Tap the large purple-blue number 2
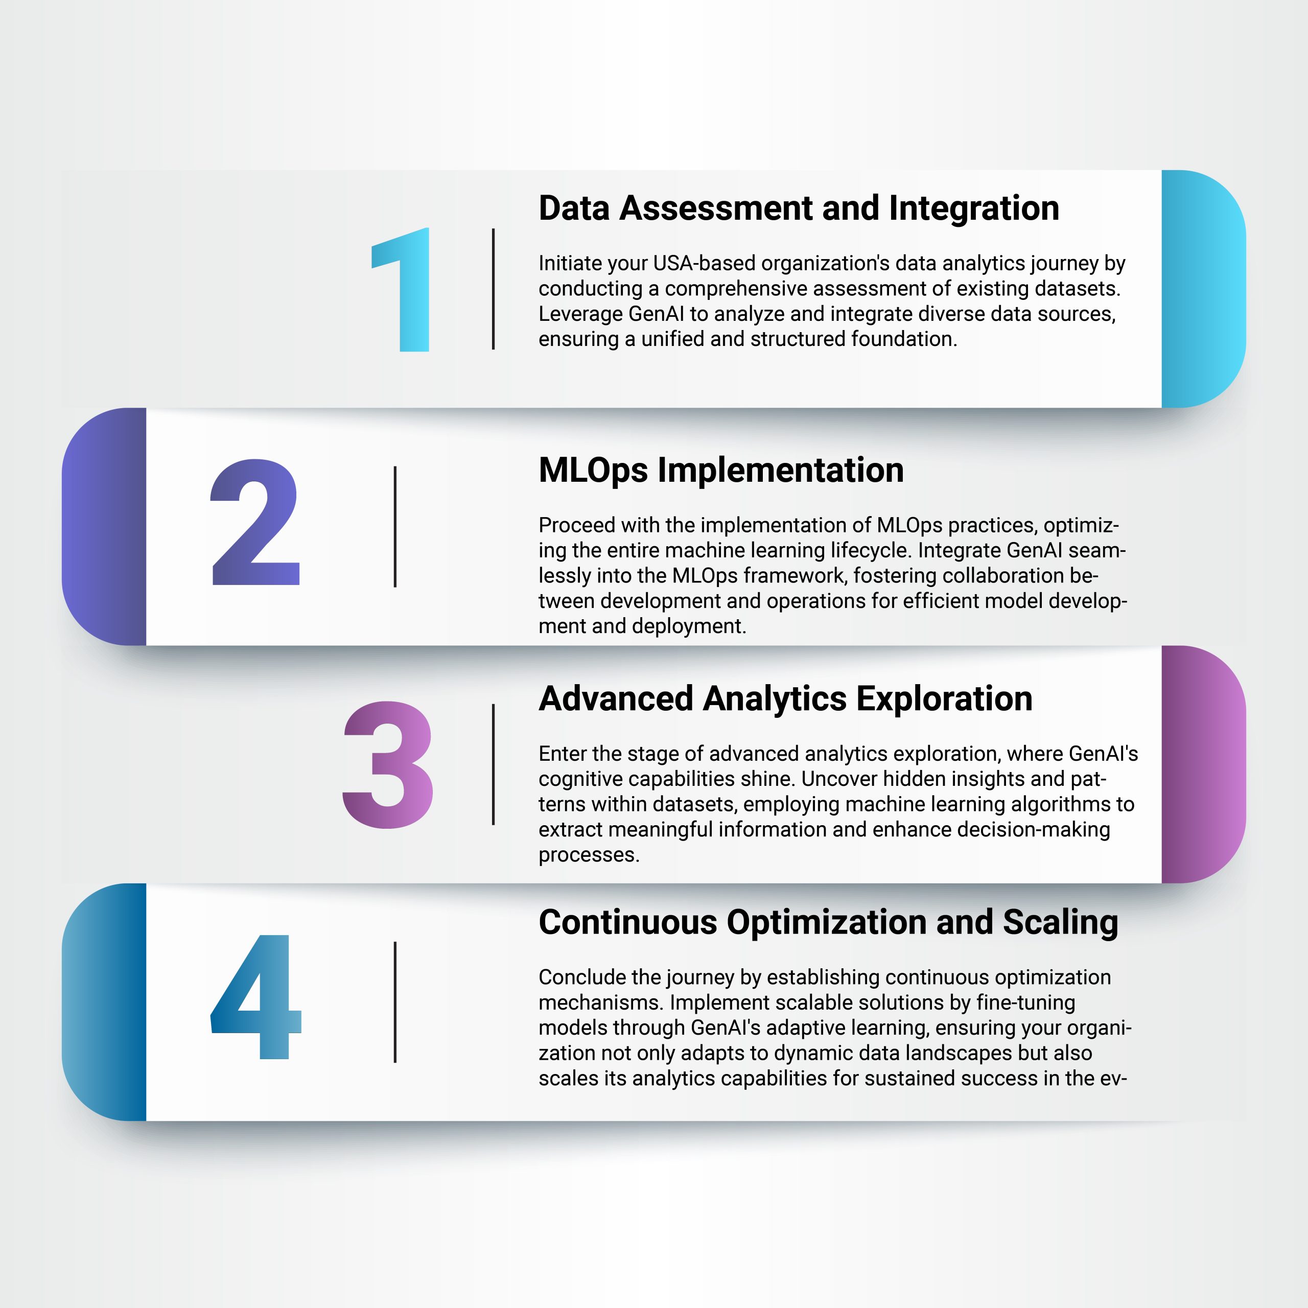coord(255,522)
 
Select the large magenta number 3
coord(388,764)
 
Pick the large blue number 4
coord(256,996)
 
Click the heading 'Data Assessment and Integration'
coord(799,208)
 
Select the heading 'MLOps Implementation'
coord(721,471)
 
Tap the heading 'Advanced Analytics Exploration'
coord(785,698)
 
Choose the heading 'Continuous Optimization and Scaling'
coord(828,923)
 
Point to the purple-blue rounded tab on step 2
coord(104,527)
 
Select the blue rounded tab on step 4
coord(104,1002)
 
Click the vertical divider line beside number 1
coord(494,289)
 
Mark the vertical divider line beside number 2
coord(395,527)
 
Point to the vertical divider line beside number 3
coord(494,764)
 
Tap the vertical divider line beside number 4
coord(395,1002)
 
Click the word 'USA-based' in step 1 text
coord(707,263)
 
